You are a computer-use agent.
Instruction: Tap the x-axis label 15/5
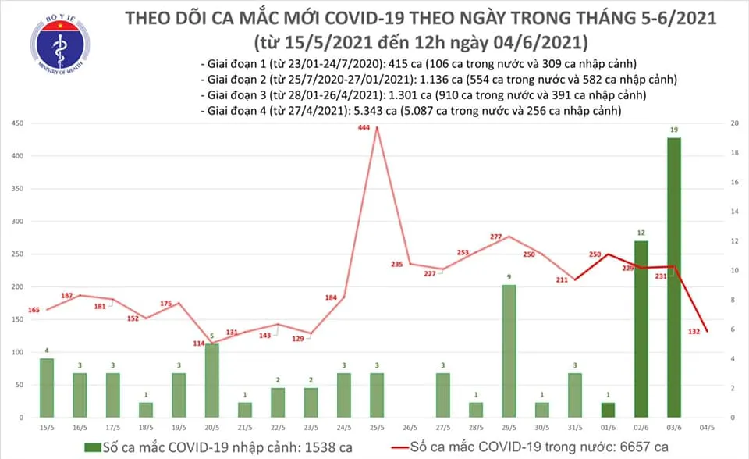(x=47, y=427)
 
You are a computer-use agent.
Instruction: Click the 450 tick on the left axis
(x=16, y=123)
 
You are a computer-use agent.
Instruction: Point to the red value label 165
(x=34, y=311)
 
